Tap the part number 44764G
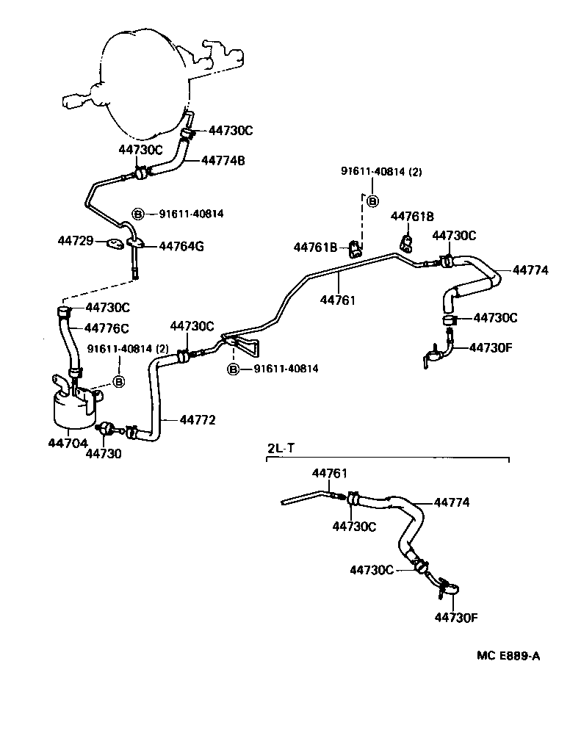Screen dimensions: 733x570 (x=181, y=246)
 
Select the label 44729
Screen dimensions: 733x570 (x=76, y=240)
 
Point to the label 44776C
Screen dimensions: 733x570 (x=107, y=328)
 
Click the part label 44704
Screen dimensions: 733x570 (x=65, y=443)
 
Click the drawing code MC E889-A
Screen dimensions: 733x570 (x=503, y=657)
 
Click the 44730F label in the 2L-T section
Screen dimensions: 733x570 (x=455, y=617)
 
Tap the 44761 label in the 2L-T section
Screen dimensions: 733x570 (x=329, y=474)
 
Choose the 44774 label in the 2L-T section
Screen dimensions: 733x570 (x=452, y=503)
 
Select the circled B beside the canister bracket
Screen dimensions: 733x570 (x=119, y=381)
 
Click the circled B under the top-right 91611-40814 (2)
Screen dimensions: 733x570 (x=372, y=201)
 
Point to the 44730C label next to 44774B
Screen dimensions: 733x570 (x=231, y=131)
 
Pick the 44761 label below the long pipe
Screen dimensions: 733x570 (x=337, y=300)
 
